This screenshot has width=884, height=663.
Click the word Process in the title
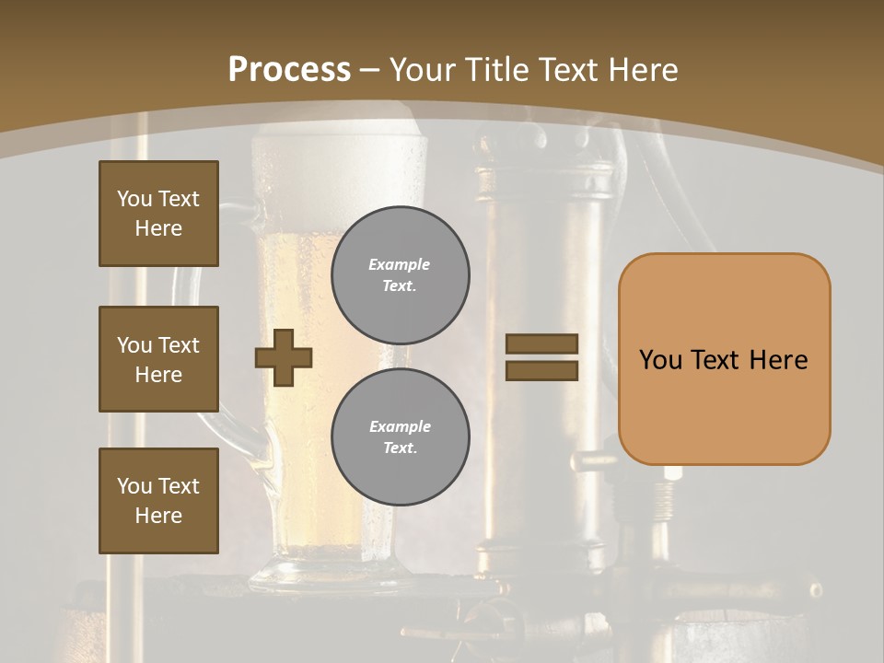289,69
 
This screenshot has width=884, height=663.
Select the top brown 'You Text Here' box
158,214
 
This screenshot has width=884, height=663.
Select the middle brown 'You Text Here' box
158,359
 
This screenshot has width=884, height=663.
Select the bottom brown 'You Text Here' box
158,501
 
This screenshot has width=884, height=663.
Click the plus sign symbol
284,358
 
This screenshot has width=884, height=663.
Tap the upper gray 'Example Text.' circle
400,275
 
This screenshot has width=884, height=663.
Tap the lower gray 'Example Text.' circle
400,437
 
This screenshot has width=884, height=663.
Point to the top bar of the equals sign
541,344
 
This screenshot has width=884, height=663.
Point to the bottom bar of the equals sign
541,370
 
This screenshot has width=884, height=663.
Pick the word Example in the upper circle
400,265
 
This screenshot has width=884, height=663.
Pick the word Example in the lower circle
400,427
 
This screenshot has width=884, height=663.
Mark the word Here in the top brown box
158,228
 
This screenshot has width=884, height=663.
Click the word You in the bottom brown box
134,486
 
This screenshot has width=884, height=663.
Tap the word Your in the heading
424,70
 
